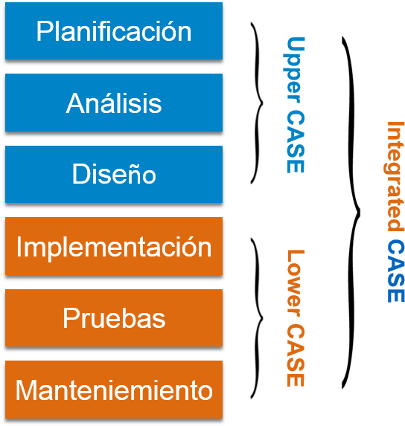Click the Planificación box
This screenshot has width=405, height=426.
(113, 31)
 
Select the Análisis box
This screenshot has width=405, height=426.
(113, 103)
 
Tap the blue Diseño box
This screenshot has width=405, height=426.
(113, 174)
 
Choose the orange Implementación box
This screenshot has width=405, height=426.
(113, 246)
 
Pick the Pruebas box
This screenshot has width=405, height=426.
(113, 318)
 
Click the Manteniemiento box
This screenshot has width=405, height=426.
(113, 390)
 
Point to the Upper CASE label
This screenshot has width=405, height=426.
(296, 105)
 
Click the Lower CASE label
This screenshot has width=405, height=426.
(296, 317)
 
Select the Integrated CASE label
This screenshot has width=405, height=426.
(395, 212)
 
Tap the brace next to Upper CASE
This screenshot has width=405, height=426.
(258, 103)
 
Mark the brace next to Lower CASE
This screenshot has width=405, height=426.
(258, 318)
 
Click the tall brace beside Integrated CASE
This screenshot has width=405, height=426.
(353, 212)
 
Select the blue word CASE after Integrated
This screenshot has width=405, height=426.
(395, 271)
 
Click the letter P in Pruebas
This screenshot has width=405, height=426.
(70, 318)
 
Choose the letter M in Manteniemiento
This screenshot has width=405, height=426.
(25, 390)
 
